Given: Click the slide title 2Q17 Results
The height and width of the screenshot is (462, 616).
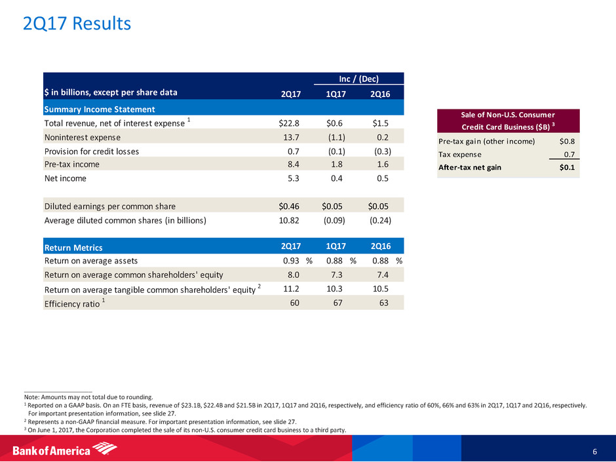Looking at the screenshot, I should [x=77, y=24].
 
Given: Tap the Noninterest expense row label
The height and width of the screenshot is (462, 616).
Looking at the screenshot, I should [x=82, y=137].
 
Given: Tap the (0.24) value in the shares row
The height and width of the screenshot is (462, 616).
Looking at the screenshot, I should [x=380, y=220].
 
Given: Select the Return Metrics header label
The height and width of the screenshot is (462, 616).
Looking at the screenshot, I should [x=73, y=247].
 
